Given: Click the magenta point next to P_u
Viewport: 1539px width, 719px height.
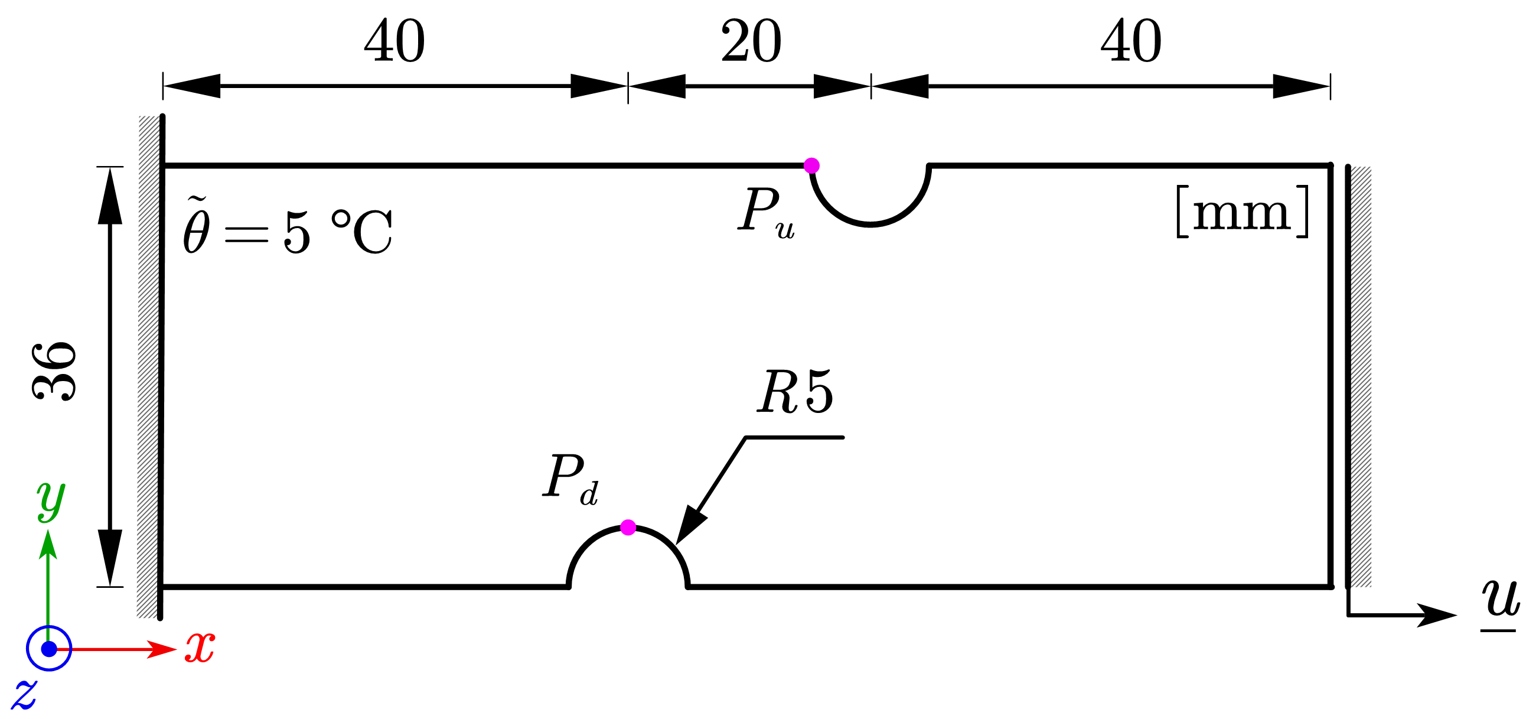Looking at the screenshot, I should [x=811, y=165].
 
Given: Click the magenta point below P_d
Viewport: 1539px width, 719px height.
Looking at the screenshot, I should [x=628, y=527].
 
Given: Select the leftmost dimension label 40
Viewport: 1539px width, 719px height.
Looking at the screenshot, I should [x=395, y=41].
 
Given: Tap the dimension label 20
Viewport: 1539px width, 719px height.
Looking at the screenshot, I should [x=751, y=41].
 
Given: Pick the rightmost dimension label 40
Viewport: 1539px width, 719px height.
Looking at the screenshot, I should [x=1131, y=41].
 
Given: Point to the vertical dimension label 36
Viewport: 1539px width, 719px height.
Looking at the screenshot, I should [x=54, y=371].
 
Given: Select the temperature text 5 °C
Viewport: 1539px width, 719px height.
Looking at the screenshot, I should [x=338, y=232].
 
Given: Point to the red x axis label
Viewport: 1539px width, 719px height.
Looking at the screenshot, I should [x=200, y=648].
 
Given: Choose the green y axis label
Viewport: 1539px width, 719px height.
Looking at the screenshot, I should [x=51, y=501].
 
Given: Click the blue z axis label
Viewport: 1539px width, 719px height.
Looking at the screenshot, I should [x=24, y=695].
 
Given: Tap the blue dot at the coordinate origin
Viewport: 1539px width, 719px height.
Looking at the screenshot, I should [x=49, y=649].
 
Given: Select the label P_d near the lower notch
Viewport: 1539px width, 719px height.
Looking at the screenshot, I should [x=570, y=478].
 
